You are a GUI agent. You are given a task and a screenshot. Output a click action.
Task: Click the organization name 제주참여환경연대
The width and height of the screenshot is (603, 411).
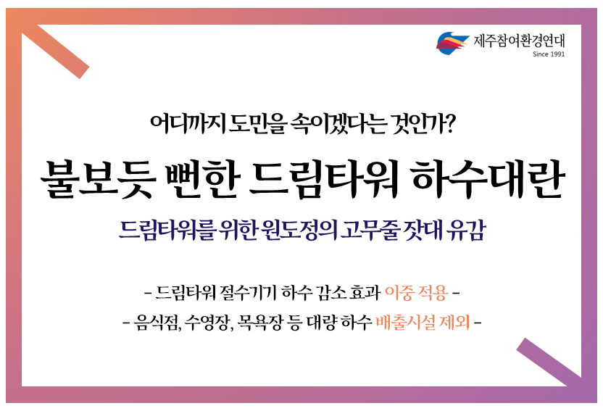tap(519, 41)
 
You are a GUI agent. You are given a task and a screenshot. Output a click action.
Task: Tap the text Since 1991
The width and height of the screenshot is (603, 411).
tap(549, 54)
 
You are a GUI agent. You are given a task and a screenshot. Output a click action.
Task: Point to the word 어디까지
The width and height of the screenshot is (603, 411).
tap(188, 123)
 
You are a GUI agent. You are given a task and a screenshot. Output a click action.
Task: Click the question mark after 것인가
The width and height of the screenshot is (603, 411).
tap(449, 123)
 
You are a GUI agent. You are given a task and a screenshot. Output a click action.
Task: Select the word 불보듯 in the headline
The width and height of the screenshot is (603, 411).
tap(99, 180)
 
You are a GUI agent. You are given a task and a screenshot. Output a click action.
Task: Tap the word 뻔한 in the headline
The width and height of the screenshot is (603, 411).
tap(202, 179)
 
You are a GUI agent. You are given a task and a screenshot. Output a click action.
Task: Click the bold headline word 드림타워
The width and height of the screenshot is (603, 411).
tap(324, 179)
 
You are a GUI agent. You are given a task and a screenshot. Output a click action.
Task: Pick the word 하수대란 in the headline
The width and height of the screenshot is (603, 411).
tap(487, 179)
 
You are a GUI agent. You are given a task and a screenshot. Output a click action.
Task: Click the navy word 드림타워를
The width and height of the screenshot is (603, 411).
tap(166, 230)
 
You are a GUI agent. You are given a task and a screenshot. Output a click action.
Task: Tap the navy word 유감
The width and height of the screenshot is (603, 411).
tap(466, 230)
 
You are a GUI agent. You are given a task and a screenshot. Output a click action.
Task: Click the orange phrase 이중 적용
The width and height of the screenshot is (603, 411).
tap(416, 293)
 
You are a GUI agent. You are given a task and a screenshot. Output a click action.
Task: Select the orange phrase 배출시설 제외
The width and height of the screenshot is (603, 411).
tap(423, 322)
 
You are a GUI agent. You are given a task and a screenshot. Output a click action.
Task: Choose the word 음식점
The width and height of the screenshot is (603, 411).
tap(157, 323)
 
